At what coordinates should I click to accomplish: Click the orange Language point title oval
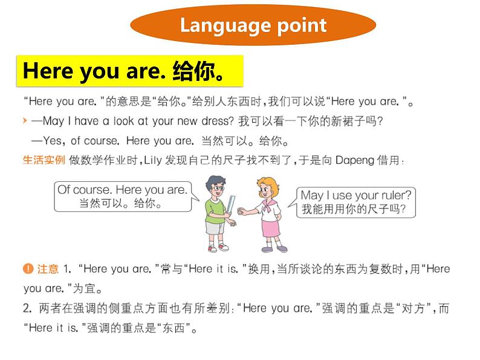click(253, 25)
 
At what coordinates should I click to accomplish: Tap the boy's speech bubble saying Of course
click(122, 197)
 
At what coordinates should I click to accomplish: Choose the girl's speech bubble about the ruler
click(357, 202)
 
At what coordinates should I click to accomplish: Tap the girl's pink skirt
click(270, 228)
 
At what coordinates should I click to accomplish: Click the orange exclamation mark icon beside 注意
click(27, 269)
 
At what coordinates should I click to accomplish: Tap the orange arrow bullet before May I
click(24, 121)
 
